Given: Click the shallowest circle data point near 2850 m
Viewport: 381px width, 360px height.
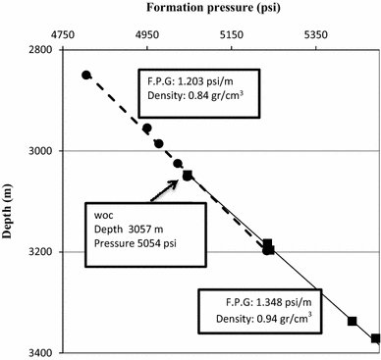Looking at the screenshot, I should (86, 75).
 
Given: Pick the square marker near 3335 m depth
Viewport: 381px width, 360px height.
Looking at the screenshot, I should (352, 321).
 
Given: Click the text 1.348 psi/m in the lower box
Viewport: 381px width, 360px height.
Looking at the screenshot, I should (277, 301).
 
